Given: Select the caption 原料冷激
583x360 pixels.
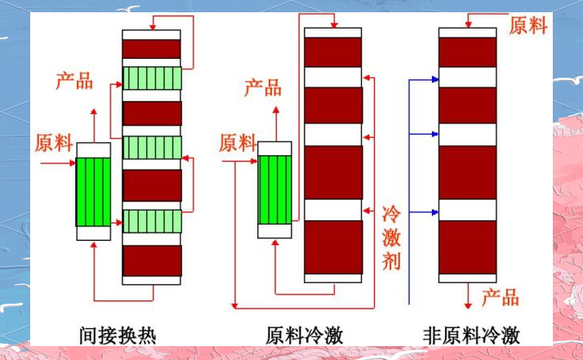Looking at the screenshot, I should point(305,335).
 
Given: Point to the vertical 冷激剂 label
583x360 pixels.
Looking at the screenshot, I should point(392,238).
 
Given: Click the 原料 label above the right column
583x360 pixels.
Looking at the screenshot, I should point(528,25).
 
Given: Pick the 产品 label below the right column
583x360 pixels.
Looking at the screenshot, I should point(500,296).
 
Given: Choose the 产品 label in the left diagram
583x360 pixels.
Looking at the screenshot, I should point(74,81).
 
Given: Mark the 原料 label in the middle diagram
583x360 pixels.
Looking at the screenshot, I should point(238,143).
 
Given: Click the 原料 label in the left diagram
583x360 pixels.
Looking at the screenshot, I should point(54,143).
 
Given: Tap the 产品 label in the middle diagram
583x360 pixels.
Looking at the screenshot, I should point(263,87).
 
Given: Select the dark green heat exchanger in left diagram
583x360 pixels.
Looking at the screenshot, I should point(92,192).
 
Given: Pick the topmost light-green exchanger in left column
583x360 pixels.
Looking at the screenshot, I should point(152,78).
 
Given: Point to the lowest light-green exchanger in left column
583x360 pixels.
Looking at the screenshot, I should point(152,220).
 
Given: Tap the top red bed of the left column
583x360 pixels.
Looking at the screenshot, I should point(152,49).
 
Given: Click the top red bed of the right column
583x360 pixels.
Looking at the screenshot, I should point(467,51).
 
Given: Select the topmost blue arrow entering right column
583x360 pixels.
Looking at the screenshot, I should point(425,79).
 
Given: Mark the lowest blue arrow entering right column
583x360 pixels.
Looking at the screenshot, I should point(425,212).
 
